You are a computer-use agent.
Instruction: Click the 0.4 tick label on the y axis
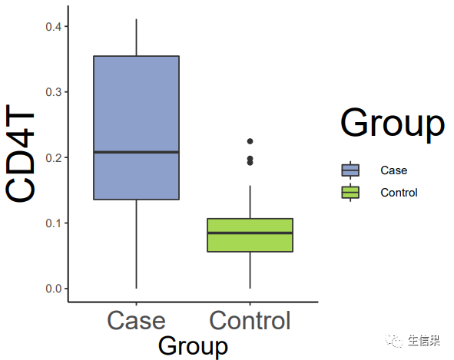(x=54, y=27)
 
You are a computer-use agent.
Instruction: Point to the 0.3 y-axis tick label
(x=54, y=92)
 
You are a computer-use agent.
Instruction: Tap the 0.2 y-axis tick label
(x=54, y=157)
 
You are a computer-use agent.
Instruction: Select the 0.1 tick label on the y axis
(x=54, y=223)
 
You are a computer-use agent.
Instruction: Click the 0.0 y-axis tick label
(x=54, y=289)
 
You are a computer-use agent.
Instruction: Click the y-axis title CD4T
(x=20, y=154)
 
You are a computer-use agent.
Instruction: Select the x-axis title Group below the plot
(x=193, y=346)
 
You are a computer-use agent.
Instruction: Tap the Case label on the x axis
(x=136, y=321)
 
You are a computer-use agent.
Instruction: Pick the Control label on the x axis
(x=250, y=320)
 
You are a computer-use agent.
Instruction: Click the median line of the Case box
(x=137, y=152)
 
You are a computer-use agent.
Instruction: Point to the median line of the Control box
(x=250, y=233)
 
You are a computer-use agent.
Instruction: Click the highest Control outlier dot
(x=250, y=141)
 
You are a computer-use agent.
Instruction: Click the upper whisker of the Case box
(x=137, y=38)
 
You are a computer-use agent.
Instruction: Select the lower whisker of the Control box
(x=250, y=270)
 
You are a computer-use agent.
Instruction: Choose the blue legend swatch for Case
(x=350, y=170)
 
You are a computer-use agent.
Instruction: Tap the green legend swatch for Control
(x=350, y=193)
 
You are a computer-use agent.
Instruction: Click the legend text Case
(x=394, y=170)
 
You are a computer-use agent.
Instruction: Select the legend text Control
(x=399, y=193)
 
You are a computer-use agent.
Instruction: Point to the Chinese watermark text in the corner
(x=424, y=341)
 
